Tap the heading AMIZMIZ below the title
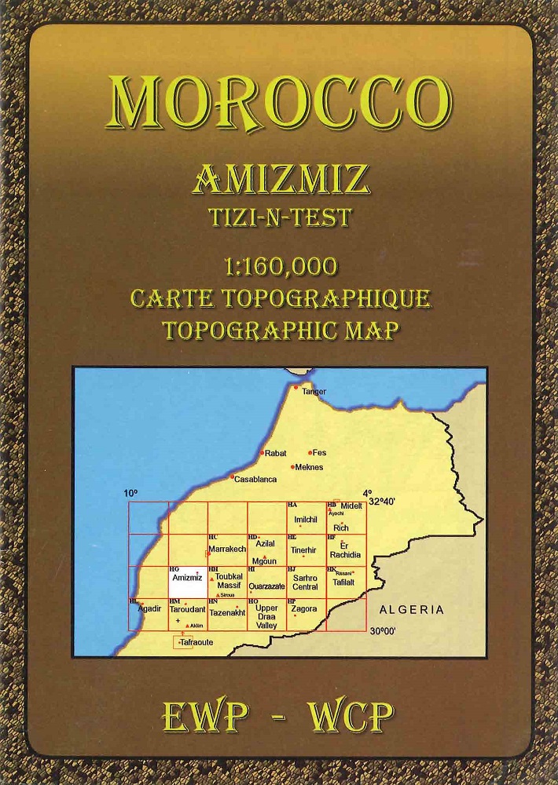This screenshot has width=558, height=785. click(280, 181)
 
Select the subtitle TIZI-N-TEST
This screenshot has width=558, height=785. click(280, 217)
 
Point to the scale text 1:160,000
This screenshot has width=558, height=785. click(280, 266)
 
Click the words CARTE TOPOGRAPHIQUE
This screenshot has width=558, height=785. click(280, 298)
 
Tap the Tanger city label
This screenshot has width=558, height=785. click(314, 392)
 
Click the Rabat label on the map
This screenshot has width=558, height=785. click(276, 453)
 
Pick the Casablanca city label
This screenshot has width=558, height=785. click(255, 478)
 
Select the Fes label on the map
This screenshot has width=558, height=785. click(319, 452)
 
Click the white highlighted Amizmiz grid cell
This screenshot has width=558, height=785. click(188, 583)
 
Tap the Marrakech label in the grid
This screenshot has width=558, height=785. click(228, 549)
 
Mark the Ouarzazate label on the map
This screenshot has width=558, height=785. click(266, 586)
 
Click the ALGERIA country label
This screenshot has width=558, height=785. click(411, 609)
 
